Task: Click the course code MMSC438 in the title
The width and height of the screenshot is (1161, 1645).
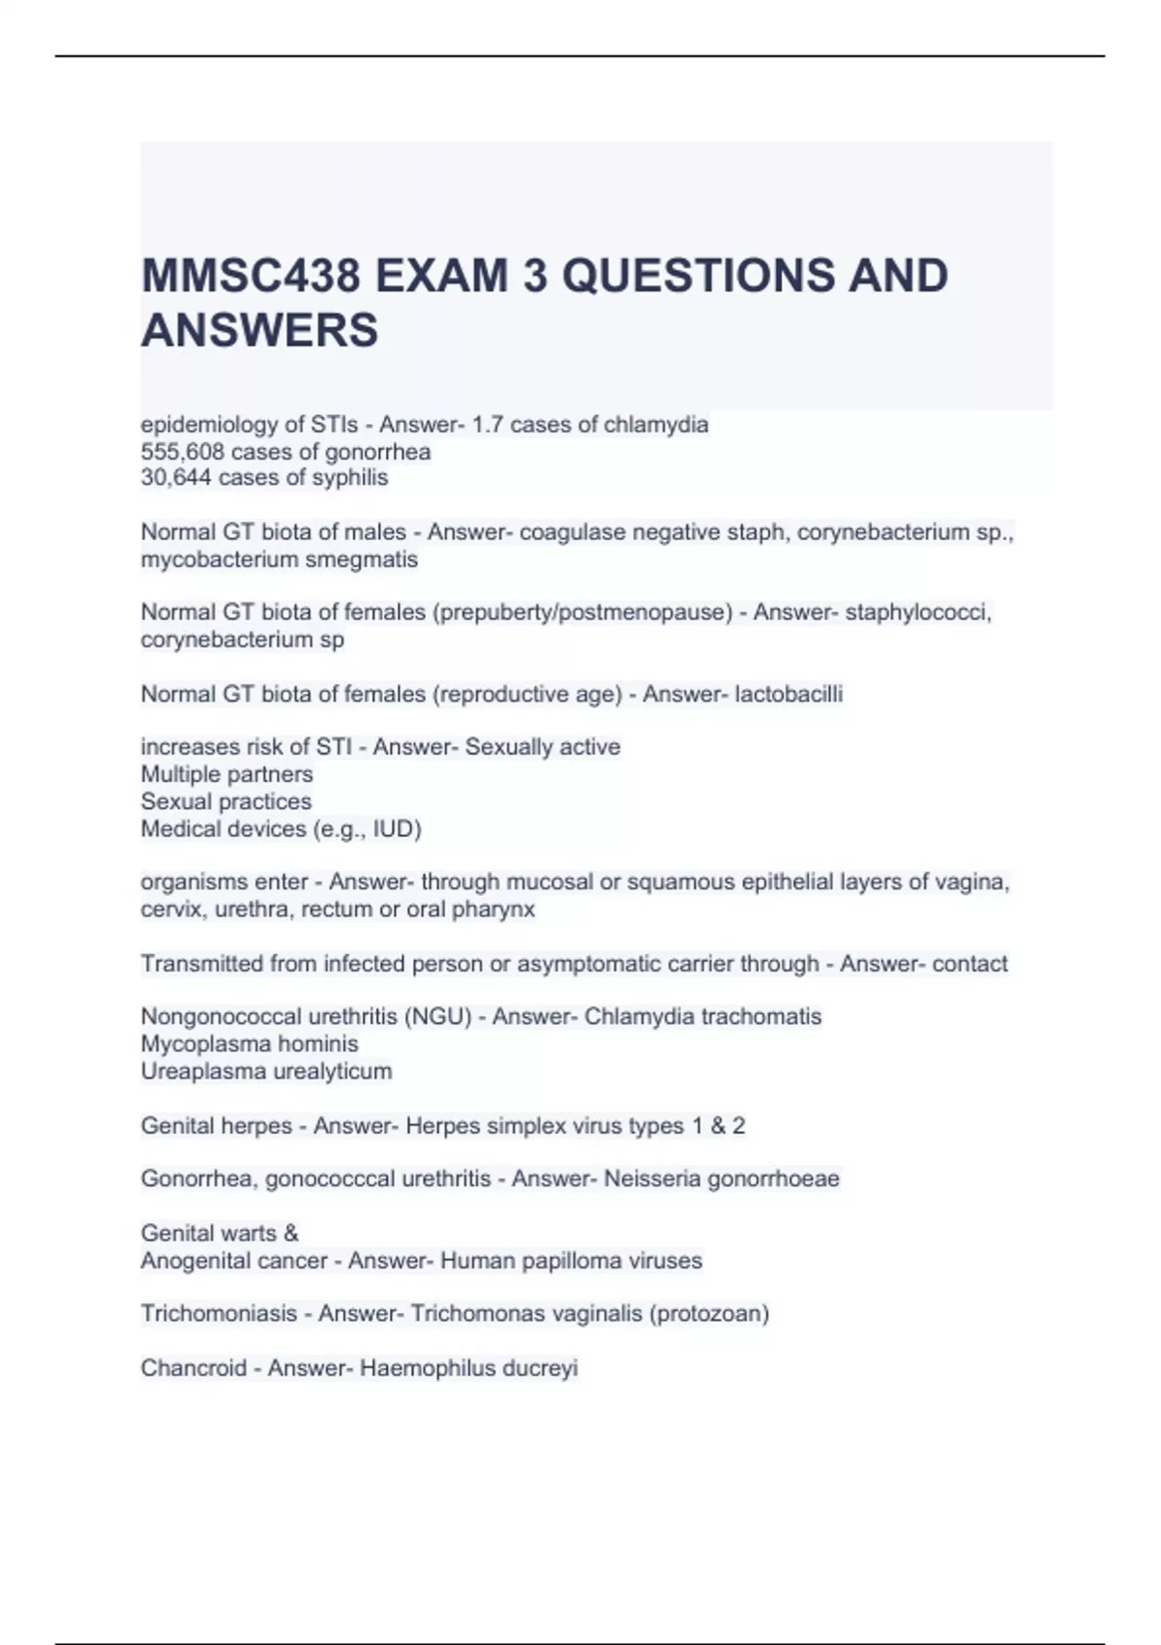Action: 251,276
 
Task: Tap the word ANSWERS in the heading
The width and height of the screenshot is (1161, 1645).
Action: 259,331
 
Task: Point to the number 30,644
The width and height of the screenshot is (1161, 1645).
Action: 174,478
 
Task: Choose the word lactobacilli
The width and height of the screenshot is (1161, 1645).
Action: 789,694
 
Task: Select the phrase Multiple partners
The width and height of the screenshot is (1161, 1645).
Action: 226,774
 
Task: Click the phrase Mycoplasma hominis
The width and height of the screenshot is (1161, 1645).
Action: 250,1044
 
